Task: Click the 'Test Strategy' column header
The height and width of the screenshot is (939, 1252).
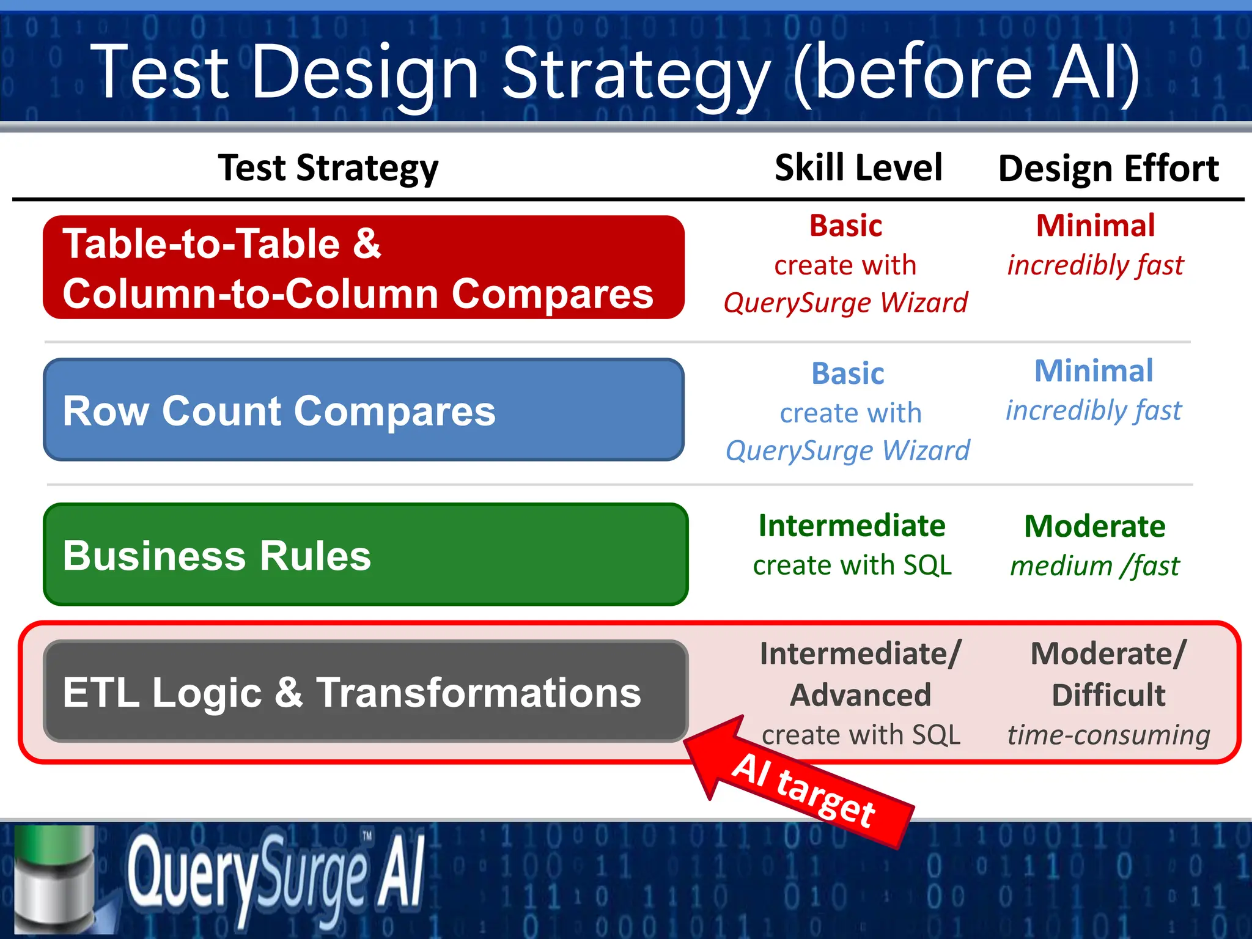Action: tap(328, 168)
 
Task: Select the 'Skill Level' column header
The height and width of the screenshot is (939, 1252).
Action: tap(858, 168)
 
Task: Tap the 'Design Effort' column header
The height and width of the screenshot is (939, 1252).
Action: tap(1108, 169)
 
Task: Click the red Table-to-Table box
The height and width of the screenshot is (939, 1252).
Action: tap(363, 268)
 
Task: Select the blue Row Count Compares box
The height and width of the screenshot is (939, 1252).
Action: tap(363, 410)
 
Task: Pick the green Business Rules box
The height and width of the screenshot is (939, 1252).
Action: tap(366, 554)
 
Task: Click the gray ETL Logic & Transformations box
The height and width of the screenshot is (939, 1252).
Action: tap(366, 691)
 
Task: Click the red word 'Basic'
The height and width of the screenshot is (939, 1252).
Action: tap(845, 226)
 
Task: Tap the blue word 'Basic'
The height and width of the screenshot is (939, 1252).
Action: tap(847, 374)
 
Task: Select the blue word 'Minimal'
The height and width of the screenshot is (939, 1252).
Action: tap(1093, 370)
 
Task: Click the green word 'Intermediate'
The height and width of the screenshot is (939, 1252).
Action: tap(852, 526)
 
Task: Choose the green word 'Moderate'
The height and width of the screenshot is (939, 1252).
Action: tap(1094, 526)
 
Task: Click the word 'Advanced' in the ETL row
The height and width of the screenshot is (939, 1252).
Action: tap(860, 695)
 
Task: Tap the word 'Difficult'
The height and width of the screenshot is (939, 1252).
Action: tap(1108, 695)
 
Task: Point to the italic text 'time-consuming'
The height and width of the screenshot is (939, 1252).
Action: tap(1108, 735)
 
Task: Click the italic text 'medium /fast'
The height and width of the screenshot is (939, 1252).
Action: tap(1094, 565)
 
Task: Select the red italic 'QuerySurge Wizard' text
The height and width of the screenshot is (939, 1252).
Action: tap(845, 303)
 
